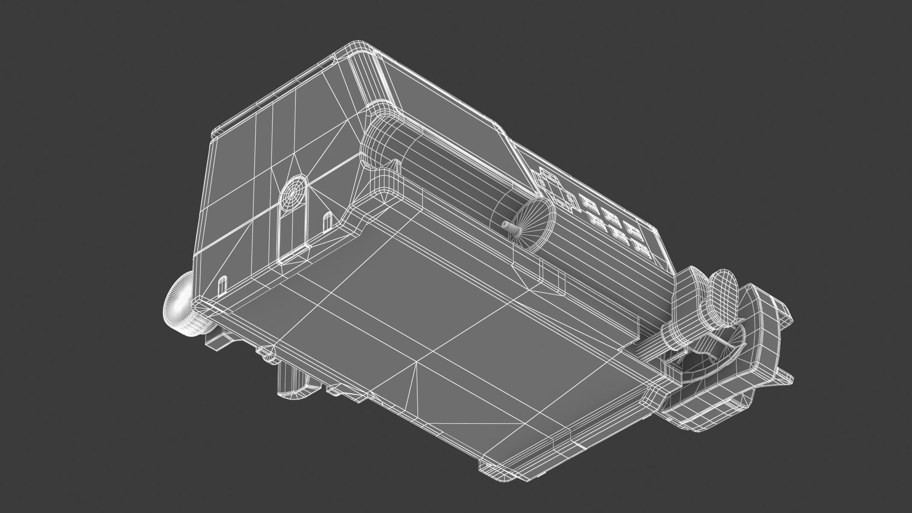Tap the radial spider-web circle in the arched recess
pos(294,193)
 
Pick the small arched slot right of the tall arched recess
pos(327,221)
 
